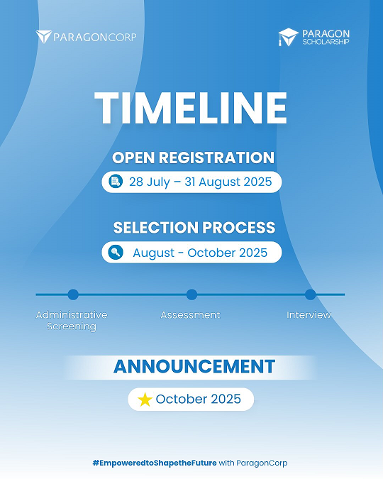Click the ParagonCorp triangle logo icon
(44, 37)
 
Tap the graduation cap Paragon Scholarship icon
(288, 37)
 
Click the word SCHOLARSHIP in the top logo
(326, 42)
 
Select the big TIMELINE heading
(191, 108)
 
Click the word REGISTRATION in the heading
(216, 158)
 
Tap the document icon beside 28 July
(116, 182)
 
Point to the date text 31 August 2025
(228, 182)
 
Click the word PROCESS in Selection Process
(239, 228)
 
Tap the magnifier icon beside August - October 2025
(116, 253)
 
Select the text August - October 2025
(200, 253)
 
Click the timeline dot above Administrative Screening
(73, 294)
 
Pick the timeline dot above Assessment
(191, 294)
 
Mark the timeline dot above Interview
(310, 294)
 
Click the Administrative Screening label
(72, 321)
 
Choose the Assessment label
(190, 315)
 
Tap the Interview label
(309, 315)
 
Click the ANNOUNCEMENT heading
(194, 367)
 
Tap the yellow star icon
(145, 400)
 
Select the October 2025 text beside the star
(198, 399)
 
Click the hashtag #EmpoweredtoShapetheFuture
(155, 463)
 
